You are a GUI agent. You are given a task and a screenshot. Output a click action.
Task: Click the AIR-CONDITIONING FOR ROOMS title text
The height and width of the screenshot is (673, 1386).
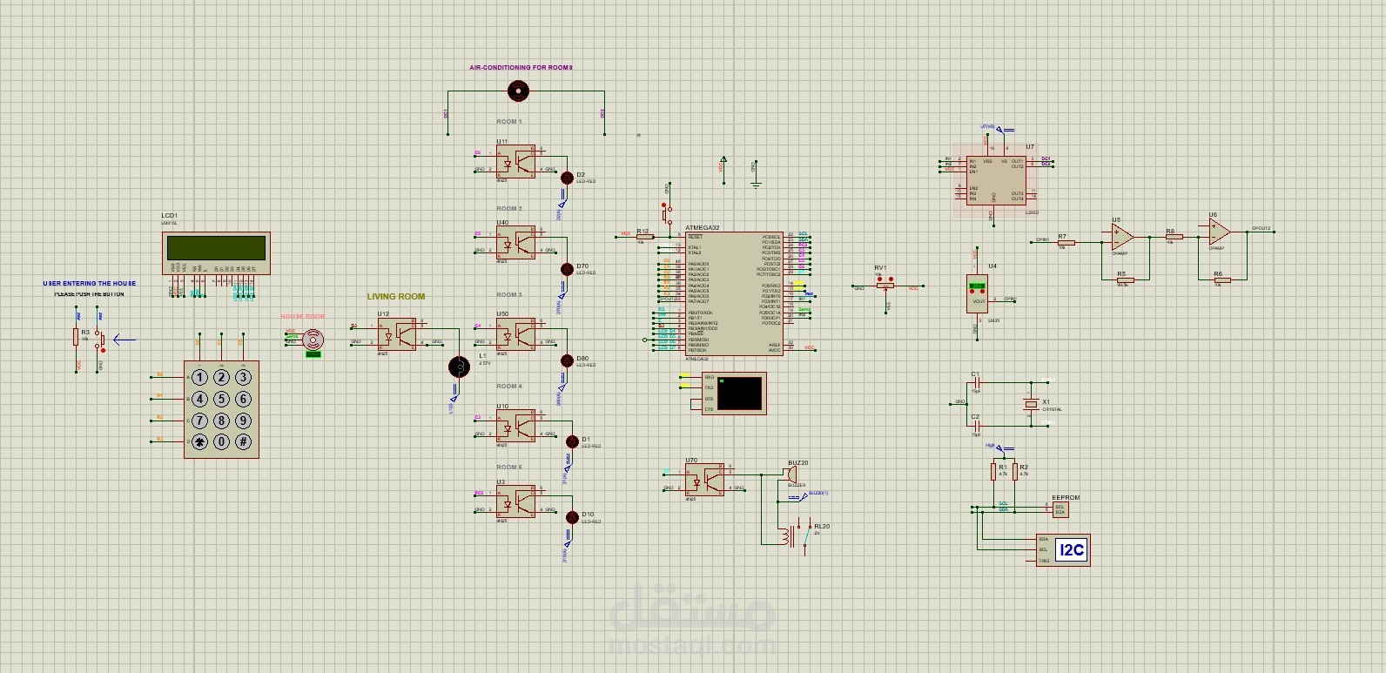[x=521, y=67]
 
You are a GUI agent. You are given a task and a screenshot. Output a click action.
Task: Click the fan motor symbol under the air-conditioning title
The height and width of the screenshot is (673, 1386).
[x=518, y=89]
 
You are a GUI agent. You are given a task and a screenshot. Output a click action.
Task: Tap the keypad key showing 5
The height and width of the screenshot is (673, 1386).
[x=221, y=399]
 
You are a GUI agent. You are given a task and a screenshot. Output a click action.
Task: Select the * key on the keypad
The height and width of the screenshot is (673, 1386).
[x=199, y=441]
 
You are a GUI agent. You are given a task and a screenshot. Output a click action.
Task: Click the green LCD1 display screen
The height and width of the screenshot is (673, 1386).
[x=217, y=248]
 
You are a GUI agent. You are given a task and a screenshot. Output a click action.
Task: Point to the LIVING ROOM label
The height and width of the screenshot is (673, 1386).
[x=396, y=297]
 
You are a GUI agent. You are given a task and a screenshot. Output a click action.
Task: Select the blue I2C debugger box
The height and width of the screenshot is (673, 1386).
[x=1070, y=549]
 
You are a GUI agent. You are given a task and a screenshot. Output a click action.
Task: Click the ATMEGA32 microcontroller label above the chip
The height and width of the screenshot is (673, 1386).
[x=702, y=228]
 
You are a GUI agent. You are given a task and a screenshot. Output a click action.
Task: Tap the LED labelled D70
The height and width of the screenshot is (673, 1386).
[x=568, y=268]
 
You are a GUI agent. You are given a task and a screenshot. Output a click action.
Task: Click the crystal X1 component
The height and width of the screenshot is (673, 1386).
[x=1031, y=404]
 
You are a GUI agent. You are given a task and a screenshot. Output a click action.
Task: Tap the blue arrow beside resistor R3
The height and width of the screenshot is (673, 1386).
[x=124, y=340]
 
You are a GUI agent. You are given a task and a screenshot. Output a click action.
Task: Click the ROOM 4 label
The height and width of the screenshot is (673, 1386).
[x=509, y=386]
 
